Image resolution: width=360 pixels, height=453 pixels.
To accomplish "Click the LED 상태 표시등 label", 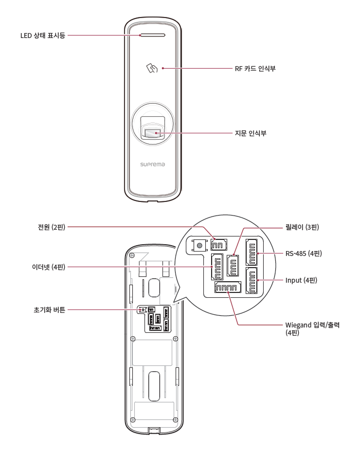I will [41, 36].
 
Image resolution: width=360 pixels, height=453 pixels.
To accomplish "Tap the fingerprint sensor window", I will [153, 131].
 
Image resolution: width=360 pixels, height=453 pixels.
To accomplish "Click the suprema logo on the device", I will [153, 164].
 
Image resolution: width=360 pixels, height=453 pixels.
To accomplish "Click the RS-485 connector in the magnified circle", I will [252, 252].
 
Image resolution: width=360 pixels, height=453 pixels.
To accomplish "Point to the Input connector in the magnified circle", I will [252, 281].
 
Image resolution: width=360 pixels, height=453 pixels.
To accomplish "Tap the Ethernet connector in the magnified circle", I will [217, 267].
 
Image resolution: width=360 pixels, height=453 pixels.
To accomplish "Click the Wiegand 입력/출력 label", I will [311, 325].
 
